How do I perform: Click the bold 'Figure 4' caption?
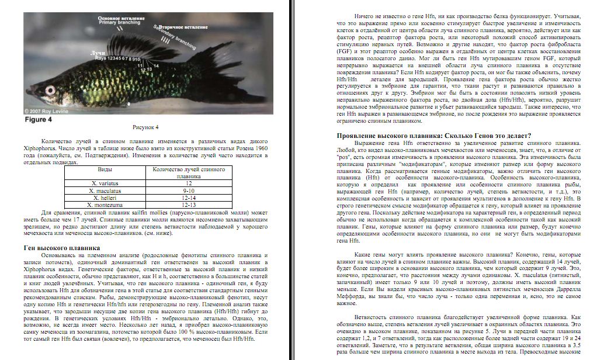point(38,119)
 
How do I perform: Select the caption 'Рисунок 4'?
point(145,126)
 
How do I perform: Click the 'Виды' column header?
point(105,169)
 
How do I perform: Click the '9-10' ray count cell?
point(188,191)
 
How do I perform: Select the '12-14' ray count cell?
point(188,198)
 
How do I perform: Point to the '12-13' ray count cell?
point(188,205)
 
